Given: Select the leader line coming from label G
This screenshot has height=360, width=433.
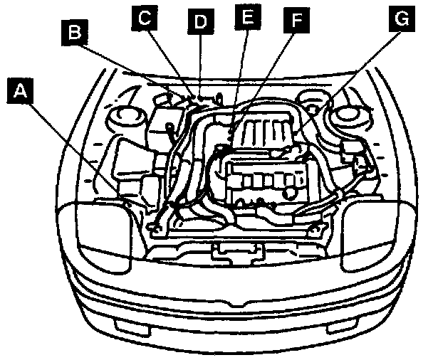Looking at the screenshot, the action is coord(349,78).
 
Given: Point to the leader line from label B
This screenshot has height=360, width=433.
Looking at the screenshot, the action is coord(135,68).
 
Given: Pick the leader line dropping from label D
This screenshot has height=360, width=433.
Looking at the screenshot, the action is coord(200,64).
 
